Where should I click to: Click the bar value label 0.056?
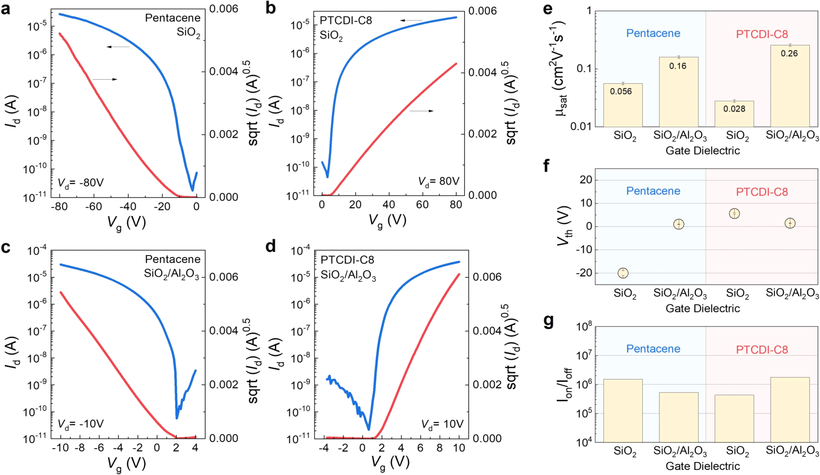click(621, 91)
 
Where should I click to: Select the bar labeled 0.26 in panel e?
click(789, 86)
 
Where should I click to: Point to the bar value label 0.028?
click(734, 109)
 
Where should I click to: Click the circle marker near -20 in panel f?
click(623, 273)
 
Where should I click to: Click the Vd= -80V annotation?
click(80, 183)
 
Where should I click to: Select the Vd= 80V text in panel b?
click(438, 181)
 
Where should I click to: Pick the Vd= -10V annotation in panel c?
click(80, 424)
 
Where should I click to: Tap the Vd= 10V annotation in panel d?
click(442, 424)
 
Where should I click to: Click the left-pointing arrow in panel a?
click(117, 47)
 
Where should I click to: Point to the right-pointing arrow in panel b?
click(422, 111)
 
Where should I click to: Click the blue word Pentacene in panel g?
click(653, 349)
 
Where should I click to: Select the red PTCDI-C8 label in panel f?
click(761, 192)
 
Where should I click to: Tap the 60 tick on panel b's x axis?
click(422, 205)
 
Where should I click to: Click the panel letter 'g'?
click(548, 321)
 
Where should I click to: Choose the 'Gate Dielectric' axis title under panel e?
click(703, 151)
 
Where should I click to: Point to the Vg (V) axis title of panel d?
click(390, 462)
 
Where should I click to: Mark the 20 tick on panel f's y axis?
click(586, 180)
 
